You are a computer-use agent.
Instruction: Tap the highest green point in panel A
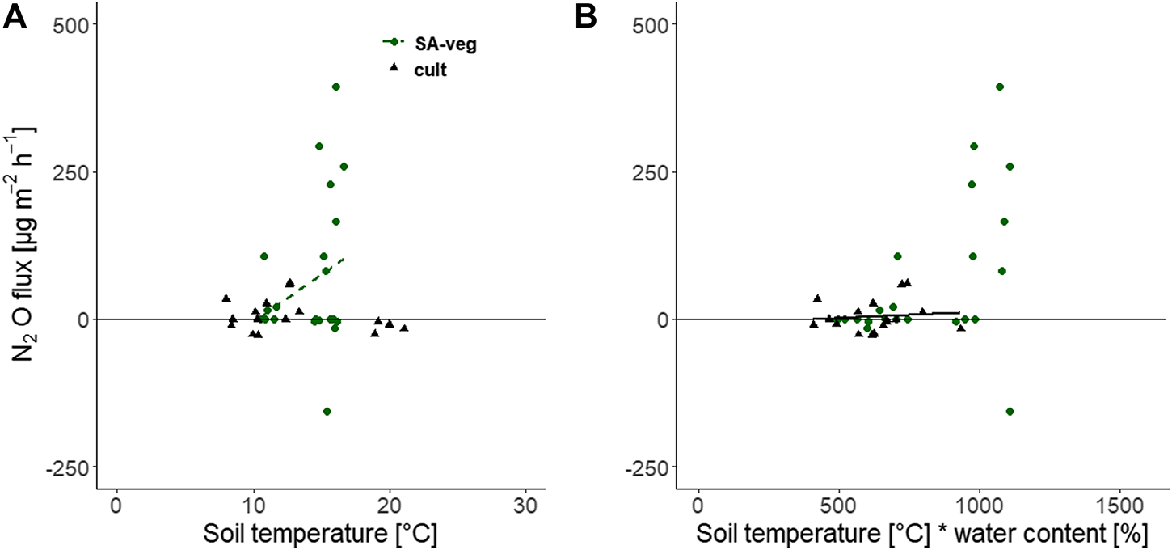coord(336,87)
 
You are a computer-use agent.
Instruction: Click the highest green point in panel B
coord(1000,87)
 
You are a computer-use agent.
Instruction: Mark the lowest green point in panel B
coord(1010,412)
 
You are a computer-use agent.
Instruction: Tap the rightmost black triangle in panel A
coord(404,328)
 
